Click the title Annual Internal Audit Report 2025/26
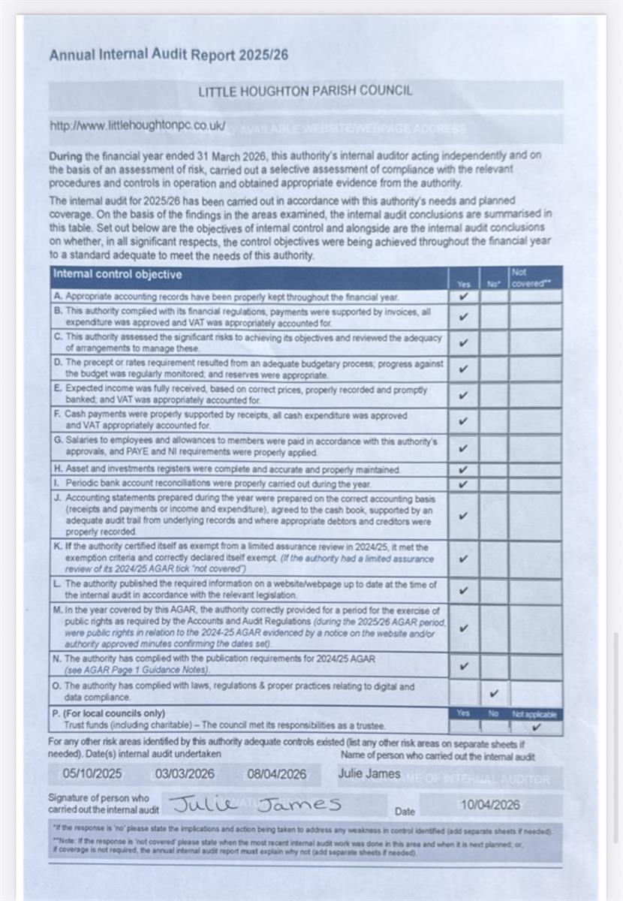168,55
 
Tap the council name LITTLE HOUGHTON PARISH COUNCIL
305,91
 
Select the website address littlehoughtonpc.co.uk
137,126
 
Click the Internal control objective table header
117,275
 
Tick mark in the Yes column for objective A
464,297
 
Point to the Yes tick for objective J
464,516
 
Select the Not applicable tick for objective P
536,727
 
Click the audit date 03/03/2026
185,774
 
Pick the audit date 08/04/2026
276,774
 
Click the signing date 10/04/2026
490,805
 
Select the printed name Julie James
369,774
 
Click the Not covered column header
531,278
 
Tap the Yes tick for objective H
464,470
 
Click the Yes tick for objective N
464,665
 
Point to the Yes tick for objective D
464,369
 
